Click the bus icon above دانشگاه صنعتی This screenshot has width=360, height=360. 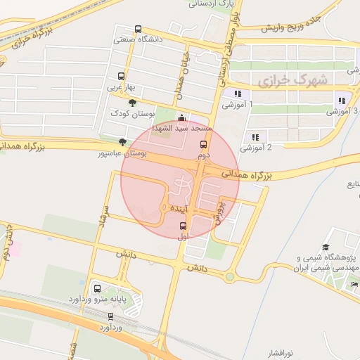(x=138, y=30)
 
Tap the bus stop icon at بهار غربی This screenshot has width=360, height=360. (x=121, y=76)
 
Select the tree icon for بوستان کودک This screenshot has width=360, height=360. (x=132, y=103)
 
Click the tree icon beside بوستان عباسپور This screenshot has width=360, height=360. (x=123, y=143)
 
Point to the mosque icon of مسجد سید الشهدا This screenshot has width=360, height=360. (x=183, y=117)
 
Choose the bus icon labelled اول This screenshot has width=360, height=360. (x=184, y=226)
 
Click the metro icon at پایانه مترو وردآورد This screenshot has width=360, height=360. (x=96, y=288)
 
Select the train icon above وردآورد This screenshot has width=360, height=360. (x=111, y=316)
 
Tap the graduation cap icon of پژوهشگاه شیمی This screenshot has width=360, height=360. (x=326, y=247)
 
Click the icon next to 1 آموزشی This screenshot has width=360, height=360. (x=238, y=94)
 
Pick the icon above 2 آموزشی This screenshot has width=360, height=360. (x=255, y=137)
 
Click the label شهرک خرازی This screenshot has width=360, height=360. (x=292, y=82)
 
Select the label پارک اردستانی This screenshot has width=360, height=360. (x=212, y=4)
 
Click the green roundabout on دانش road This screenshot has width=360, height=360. (x=230, y=277)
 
